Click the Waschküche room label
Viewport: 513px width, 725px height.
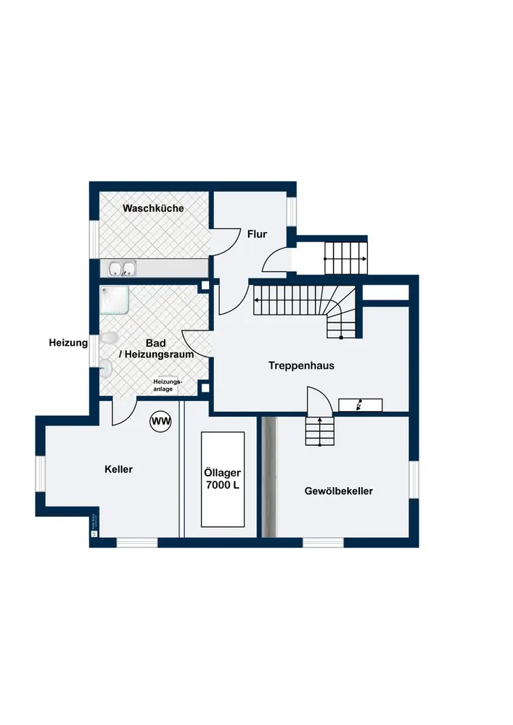point(153,208)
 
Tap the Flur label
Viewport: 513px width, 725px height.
point(257,234)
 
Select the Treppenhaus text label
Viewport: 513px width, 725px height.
point(301,365)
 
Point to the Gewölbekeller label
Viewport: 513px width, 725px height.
point(338,491)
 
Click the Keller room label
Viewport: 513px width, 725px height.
point(118,469)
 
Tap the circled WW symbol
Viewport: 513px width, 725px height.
point(160,420)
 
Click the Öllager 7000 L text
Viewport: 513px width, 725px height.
point(222,479)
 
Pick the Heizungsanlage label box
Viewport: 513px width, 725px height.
point(168,385)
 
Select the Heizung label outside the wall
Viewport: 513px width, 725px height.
point(68,342)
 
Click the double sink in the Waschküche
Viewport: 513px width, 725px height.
point(123,269)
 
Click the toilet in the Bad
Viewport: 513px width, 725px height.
point(110,339)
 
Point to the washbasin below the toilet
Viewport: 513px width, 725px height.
point(106,368)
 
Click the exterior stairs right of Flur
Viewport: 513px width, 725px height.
point(345,257)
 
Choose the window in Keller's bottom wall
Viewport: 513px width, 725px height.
point(137,542)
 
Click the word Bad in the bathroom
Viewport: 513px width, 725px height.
point(156,342)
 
